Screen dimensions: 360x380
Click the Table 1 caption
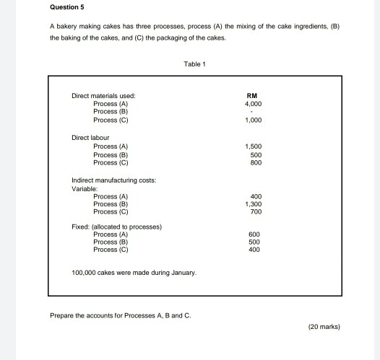point(195,63)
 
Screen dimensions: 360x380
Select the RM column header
point(252,95)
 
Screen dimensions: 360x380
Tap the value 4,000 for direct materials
point(252,103)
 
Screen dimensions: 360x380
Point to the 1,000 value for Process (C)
point(252,120)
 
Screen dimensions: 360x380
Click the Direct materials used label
point(103,95)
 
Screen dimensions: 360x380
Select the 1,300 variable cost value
point(252,203)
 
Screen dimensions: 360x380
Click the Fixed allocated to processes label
point(116,227)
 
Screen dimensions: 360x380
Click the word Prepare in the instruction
point(63,315)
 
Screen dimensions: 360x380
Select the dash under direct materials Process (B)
point(252,112)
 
